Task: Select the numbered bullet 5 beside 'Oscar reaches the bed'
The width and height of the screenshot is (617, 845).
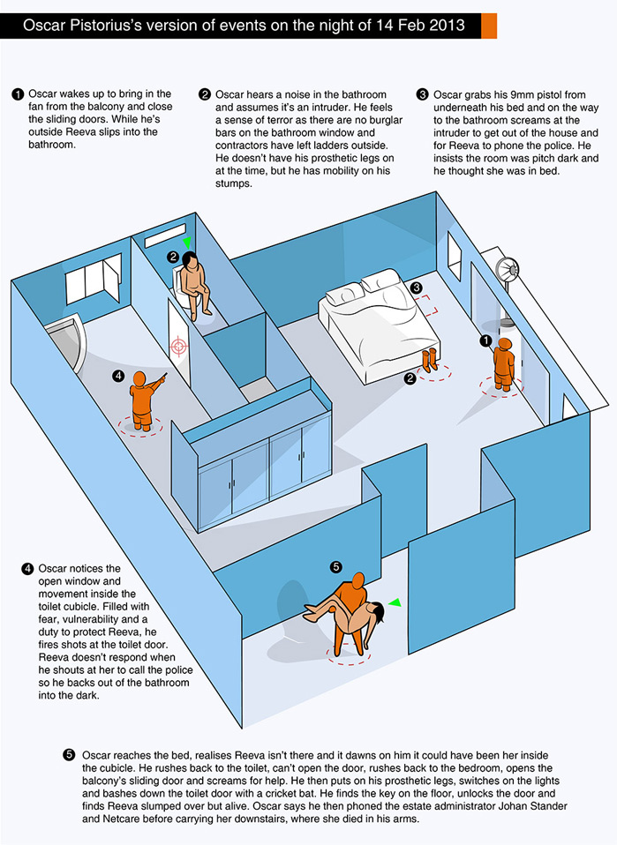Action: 70,756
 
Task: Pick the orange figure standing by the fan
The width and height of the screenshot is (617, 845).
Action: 504,360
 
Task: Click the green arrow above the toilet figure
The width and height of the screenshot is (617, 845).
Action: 186,241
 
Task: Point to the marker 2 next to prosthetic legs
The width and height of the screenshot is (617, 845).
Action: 410,379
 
